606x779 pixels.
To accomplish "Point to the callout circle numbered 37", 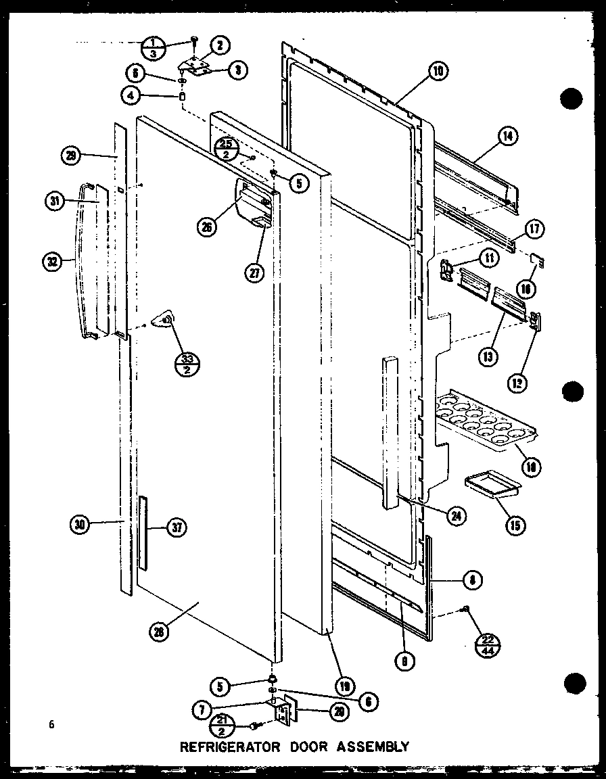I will (177, 529).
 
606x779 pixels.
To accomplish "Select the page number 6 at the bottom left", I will (50, 725).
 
